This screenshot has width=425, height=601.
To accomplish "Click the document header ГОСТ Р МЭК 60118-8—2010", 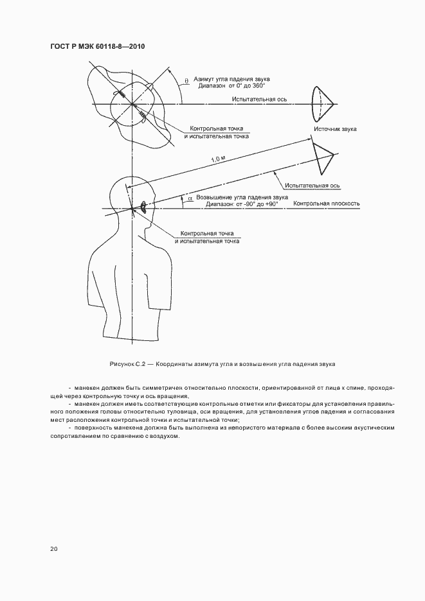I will point(96,47).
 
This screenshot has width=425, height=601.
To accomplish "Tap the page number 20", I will point(53,549).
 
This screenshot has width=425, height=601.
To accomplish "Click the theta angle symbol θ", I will point(186,80).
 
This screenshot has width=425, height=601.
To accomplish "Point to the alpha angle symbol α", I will point(190,198).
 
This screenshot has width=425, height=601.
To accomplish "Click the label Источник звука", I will point(335,129).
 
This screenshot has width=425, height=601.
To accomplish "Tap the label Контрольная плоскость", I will point(326,204).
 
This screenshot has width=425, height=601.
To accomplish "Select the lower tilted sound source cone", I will point(323,154).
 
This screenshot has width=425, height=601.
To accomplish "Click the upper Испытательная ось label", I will point(260,100).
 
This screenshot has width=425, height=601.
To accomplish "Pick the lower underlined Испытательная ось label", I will point(312,185).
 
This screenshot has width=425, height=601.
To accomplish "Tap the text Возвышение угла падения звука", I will point(241,197).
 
